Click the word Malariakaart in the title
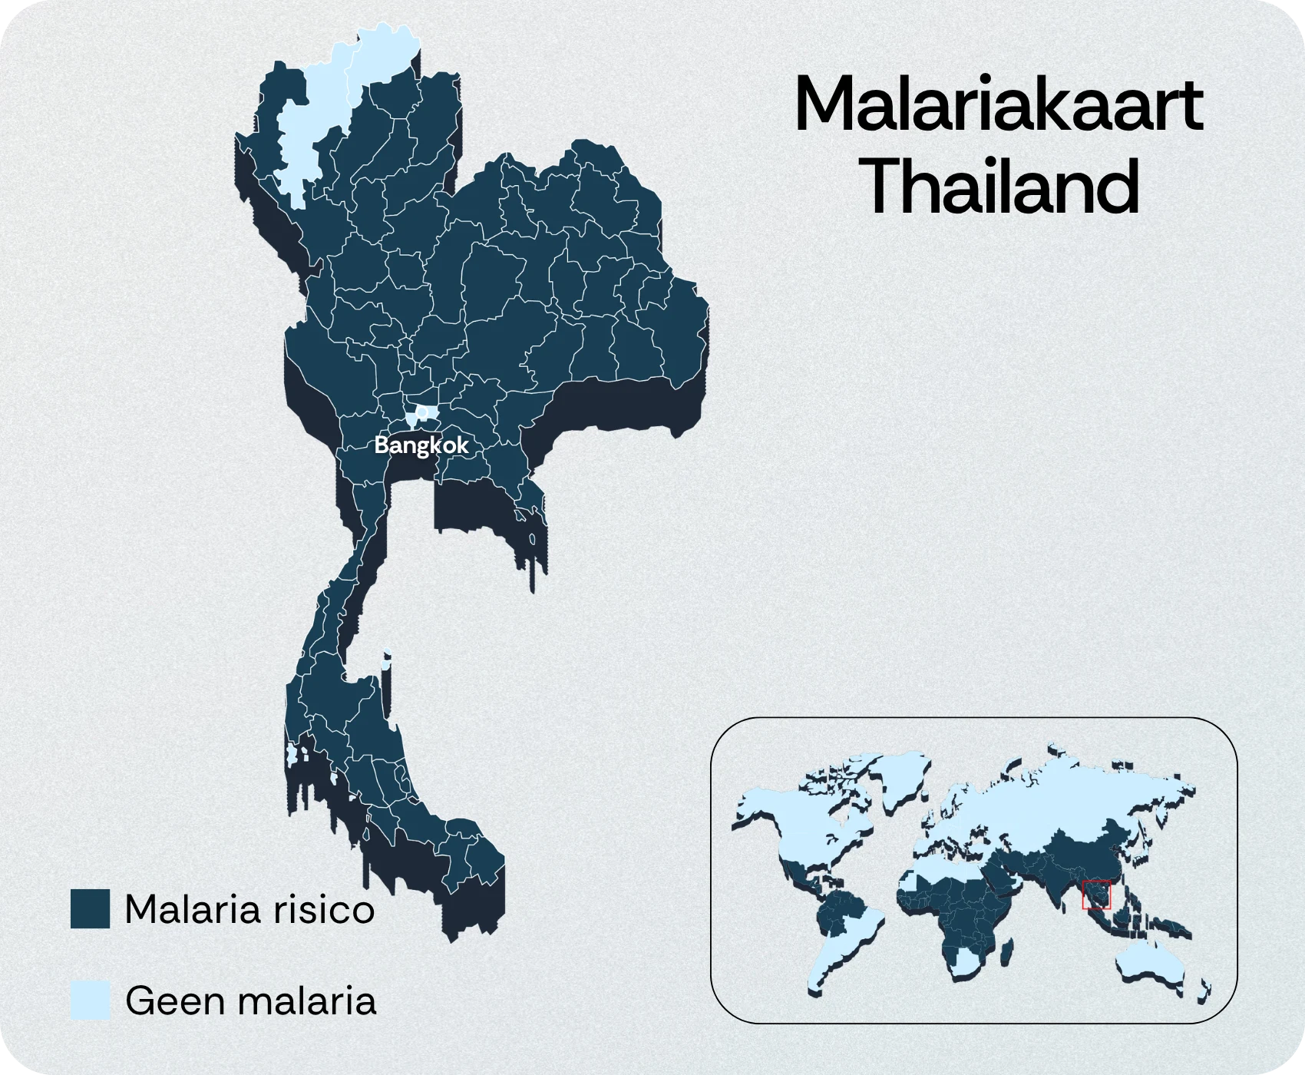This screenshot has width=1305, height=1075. tap(998, 105)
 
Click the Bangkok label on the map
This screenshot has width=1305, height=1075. tap(421, 445)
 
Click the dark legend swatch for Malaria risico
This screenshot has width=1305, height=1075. tap(90, 909)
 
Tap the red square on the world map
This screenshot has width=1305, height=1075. tap(1096, 895)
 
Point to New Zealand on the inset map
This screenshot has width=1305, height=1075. tap(1206, 991)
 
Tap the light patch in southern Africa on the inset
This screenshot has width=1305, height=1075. tap(964, 963)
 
